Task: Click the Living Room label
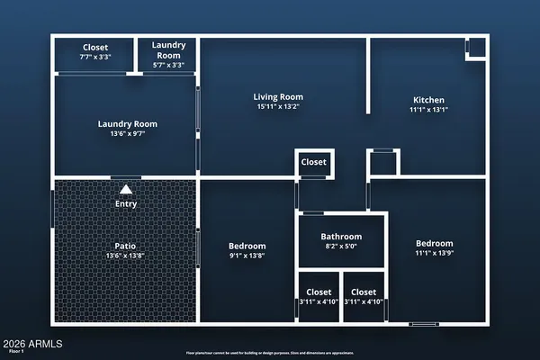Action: [277, 97]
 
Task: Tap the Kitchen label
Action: [428, 100]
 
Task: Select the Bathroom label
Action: [341, 237]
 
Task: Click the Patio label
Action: [124, 245]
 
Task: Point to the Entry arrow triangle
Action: [126, 189]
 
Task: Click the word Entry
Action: [125, 204]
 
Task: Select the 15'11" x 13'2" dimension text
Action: [277, 108]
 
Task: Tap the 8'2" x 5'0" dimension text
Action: [341, 247]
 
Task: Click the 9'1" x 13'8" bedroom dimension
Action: [247, 256]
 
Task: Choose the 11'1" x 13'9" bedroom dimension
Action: [434, 255]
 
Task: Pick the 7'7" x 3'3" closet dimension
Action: [94, 57]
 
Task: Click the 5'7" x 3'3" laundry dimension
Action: [167, 65]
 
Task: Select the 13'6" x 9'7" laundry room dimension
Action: [127, 134]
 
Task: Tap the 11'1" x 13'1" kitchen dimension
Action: [428, 111]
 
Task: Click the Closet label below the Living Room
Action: [314, 163]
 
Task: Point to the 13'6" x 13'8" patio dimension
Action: [124, 256]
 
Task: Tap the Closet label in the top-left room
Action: [95, 47]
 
